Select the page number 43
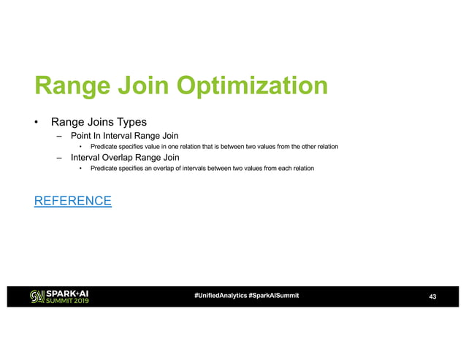pos(432,296)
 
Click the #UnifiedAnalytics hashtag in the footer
pos(220,295)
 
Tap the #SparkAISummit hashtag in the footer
pos(273,295)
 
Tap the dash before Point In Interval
pos(58,136)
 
